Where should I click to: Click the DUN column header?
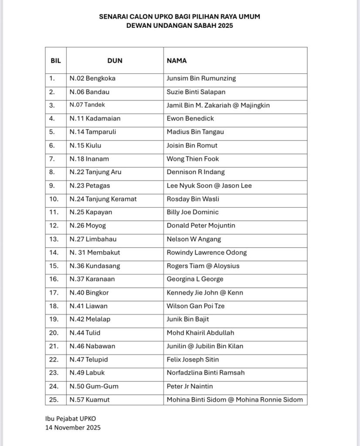coord(115,61)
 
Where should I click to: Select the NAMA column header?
coord(177,61)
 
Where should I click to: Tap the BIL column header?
coord(55,61)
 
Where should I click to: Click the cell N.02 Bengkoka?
coord(93,78)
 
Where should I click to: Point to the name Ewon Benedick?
coord(190,118)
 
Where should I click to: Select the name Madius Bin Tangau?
coord(195,132)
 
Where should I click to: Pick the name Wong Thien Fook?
coord(193,159)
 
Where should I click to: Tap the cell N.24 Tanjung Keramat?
coord(103,199)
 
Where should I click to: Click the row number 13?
coord(53,239)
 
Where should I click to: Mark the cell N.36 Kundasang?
coord(95,266)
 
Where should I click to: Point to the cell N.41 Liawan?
coord(88,306)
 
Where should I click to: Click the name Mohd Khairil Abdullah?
coord(200,333)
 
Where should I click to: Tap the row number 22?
coord(53,360)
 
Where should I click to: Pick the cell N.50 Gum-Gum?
coord(94,386)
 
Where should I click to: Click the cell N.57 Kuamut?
coord(90,399)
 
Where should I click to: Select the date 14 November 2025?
coord(73,428)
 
